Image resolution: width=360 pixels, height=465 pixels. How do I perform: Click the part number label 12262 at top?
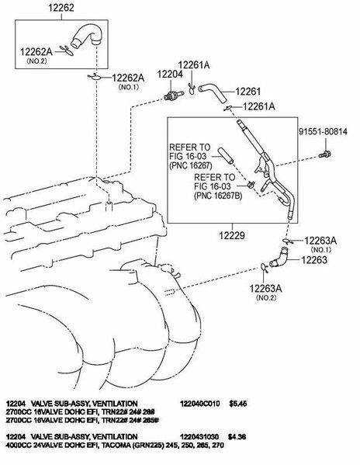[x=61, y=8]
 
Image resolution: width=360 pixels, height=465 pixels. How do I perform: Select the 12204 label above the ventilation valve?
[x=170, y=75]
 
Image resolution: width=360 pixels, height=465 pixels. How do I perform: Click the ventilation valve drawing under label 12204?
[x=174, y=95]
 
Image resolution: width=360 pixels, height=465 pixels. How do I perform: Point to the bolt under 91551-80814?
[x=325, y=154]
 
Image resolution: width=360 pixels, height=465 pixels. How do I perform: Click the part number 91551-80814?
[x=323, y=131]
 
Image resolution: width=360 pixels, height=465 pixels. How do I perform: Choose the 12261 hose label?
[x=248, y=92]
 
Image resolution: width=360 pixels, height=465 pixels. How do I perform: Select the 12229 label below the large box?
[x=232, y=236]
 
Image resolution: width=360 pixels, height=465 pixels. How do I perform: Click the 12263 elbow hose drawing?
[x=279, y=258]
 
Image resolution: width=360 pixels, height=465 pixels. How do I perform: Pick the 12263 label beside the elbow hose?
[x=314, y=260]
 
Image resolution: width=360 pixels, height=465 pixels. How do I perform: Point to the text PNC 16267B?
[x=218, y=196]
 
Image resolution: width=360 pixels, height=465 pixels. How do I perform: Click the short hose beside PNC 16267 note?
[x=226, y=155]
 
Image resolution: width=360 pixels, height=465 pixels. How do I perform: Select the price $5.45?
[x=237, y=404]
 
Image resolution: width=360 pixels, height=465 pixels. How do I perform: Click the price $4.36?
[x=237, y=436]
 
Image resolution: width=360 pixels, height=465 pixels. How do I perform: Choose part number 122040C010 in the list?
[x=199, y=404]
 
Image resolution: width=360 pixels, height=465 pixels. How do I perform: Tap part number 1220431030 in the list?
[x=199, y=436]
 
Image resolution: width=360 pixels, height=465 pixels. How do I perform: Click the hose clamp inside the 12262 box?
[x=67, y=50]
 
